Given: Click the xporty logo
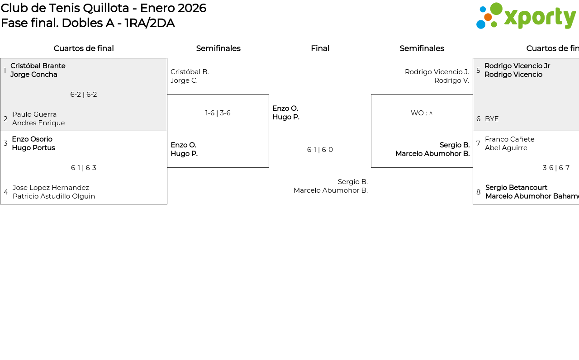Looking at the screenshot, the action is [526, 16].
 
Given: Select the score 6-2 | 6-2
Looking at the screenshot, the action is [84, 95].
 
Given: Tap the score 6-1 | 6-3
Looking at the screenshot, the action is [84, 168].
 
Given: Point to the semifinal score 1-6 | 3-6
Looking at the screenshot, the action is [218, 113].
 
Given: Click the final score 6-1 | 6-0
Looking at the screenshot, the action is [320, 150].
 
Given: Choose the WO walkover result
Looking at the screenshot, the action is [421, 113].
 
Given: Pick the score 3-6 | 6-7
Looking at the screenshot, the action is [556, 168].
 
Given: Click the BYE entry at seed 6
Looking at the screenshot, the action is [492, 119].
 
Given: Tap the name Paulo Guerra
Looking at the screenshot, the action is [34, 114].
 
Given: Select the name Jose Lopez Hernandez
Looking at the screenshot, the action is [51, 188].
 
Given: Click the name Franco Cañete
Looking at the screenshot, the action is [509, 139].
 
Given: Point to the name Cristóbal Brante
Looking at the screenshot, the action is [38, 66].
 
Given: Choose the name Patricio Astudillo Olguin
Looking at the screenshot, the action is [54, 196].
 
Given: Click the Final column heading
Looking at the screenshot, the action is [320, 48].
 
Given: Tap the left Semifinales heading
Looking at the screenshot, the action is [218, 48].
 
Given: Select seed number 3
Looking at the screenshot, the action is [5, 143].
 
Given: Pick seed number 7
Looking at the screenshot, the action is [478, 143].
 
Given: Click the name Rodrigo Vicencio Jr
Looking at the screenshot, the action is [517, 66].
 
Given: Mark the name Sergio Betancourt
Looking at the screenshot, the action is [516, 188].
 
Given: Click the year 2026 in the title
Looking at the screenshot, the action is [192, 8].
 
